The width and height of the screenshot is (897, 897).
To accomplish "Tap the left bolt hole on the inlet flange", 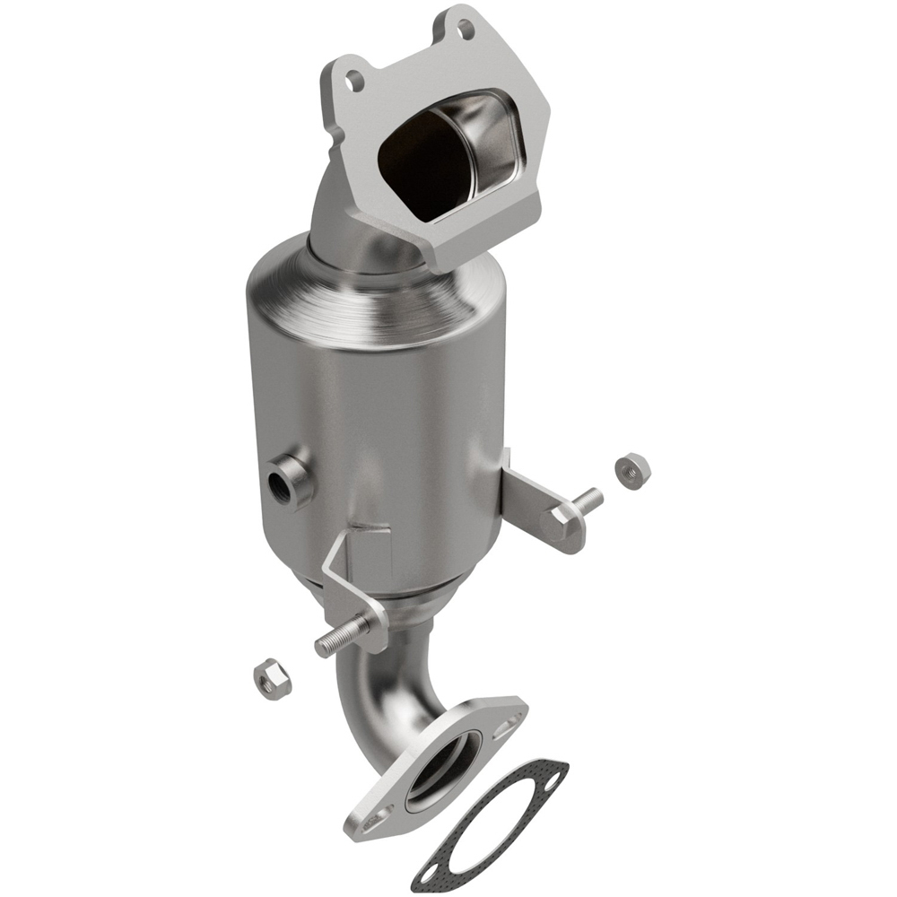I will (x=355, y=82).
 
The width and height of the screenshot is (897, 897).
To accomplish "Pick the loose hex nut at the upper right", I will (x=632, y=468).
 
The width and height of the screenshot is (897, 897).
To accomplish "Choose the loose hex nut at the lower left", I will (x=270, y=681).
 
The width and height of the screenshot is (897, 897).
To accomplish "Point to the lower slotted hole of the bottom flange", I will (x=376, y=819).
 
